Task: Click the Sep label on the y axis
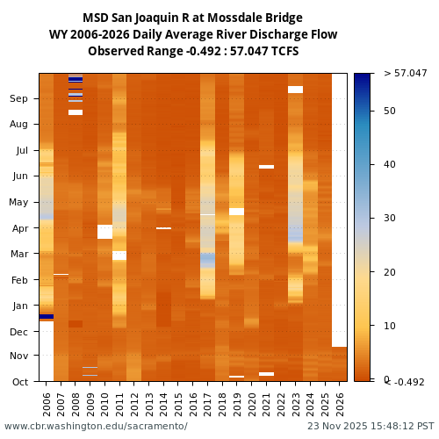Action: coord(18,99)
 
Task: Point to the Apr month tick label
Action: coord(18,228)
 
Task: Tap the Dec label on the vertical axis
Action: coord(18,332)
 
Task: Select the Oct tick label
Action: coord(18,382)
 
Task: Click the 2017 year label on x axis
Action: coord(207,404)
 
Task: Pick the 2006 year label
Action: coord(47,404)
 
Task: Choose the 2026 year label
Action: coord(339,404)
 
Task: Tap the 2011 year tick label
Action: coord(119,404)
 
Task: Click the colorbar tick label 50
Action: coord(390,111)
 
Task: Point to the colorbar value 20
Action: coord(390,272)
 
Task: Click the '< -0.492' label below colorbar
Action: coord(405,382)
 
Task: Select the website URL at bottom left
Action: coord(96,427)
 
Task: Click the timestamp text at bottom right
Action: coord(371,427)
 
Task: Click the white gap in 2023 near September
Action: coord(295,90)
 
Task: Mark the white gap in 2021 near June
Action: coord(266,167)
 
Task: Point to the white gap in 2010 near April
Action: coord(104,232)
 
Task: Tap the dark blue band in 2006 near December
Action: coord(47,316)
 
